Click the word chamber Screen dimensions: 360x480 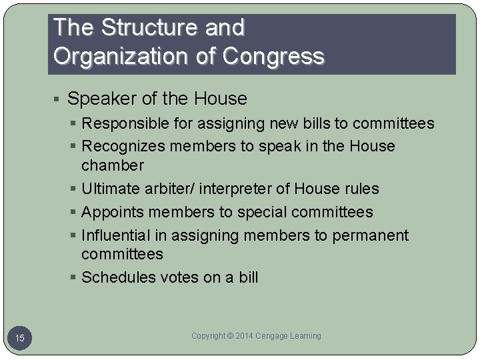tap(111, 165)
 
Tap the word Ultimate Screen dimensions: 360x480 tap(111, 189)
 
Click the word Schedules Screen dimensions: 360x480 tap(117, 277)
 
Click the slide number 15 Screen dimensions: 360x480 tap(20, 338)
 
